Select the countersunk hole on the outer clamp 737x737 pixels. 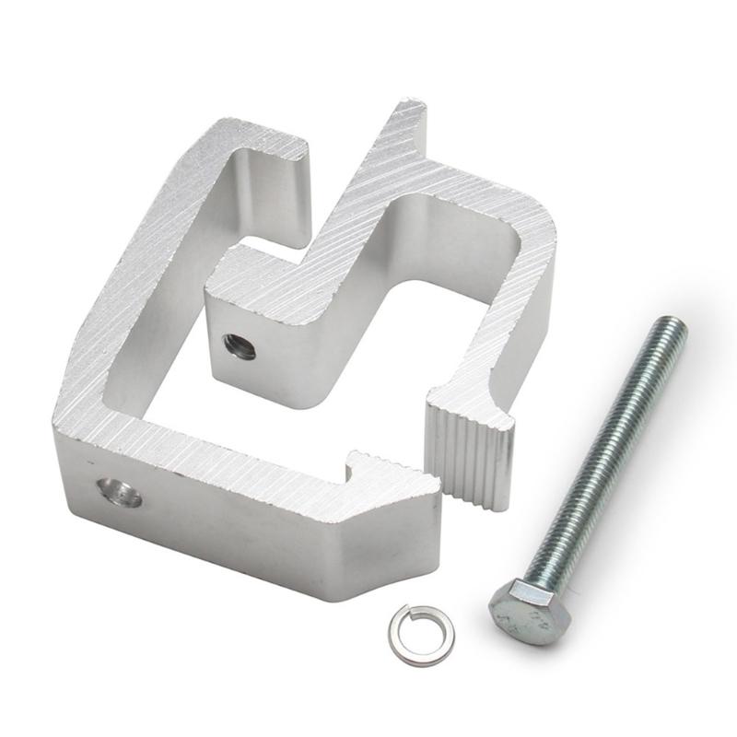[121, 494]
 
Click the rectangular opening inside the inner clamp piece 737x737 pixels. [451, 286]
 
